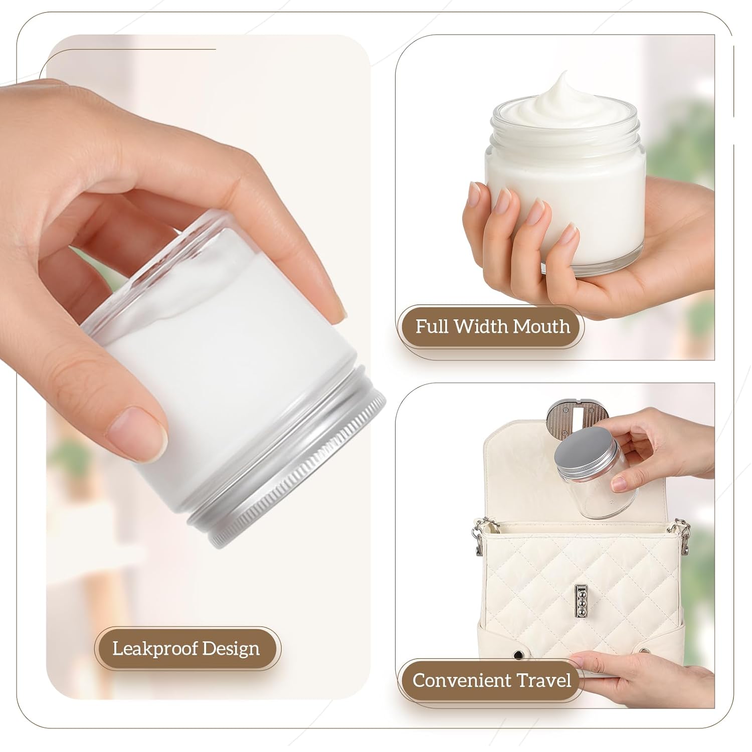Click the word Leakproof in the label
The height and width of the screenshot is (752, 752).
(147, 649)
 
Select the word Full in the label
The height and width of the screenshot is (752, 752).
(432, 326)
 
